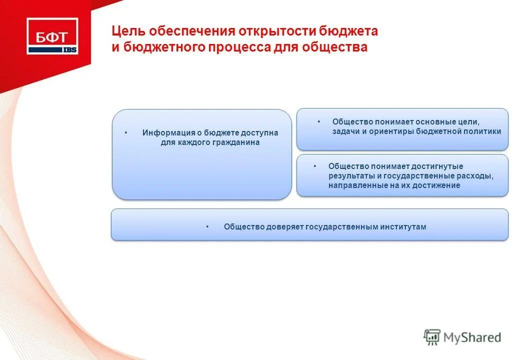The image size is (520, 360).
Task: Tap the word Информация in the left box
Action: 162,133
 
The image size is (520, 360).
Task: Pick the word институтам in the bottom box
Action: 403,227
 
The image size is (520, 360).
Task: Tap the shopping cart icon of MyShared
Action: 432,337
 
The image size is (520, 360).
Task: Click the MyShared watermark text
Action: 472,338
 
